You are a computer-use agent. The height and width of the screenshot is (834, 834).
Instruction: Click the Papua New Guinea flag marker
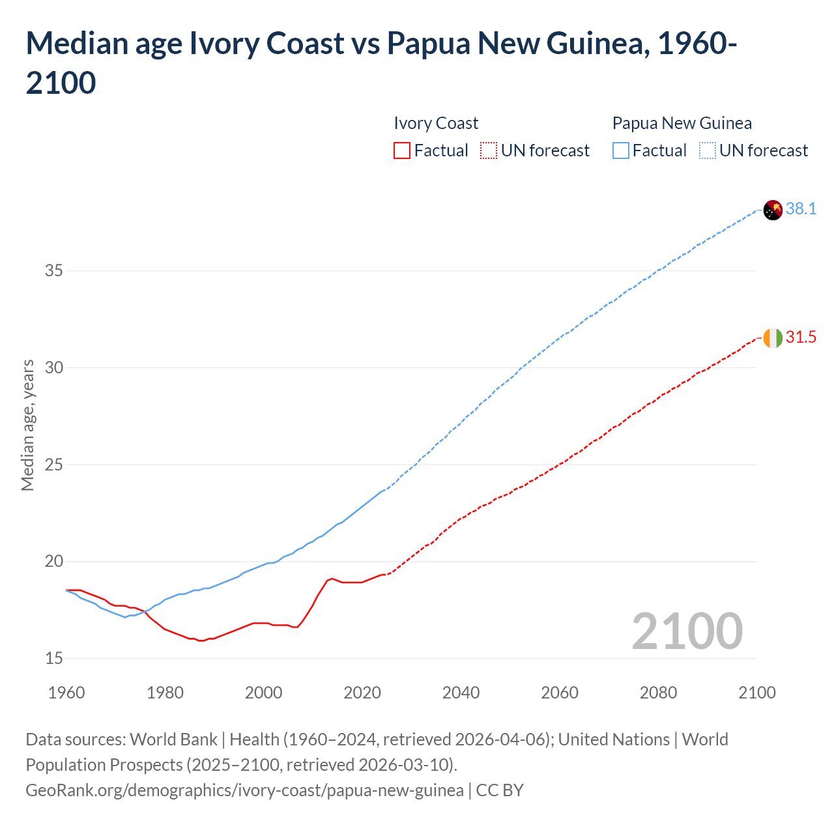[773, 210]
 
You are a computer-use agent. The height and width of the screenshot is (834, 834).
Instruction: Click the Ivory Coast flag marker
[773, 338]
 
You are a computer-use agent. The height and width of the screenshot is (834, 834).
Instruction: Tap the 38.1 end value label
[801, 208]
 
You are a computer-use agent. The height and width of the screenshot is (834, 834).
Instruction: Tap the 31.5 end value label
[801, 337]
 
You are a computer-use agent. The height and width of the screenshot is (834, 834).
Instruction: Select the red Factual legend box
[402, 151]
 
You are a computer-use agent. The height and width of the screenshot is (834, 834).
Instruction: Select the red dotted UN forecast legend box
[488, 151]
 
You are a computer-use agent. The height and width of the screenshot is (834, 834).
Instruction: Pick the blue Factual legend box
[621, 151]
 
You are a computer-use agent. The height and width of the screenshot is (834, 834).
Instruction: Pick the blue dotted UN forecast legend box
[707, 151]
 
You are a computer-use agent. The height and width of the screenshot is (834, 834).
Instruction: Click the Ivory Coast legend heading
[436, 123]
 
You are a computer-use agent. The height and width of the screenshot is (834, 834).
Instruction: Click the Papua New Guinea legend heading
[682, 123]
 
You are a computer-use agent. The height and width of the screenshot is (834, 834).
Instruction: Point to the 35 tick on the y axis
[54, 270]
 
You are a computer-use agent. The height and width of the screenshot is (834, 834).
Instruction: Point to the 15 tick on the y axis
[54, 659]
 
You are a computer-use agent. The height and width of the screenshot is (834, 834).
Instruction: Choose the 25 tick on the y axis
[54, 465]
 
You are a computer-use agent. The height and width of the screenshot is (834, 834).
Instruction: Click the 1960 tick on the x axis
[66, 693]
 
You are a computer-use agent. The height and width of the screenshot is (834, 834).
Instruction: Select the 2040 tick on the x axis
[461, 693]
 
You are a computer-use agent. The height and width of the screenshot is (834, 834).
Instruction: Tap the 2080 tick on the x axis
[658, 693]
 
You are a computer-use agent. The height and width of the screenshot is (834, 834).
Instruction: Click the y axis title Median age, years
[27, 425]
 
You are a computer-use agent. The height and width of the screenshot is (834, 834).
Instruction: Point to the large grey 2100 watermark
[687, 631]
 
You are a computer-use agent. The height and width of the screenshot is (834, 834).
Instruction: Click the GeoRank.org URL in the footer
[244, 790]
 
